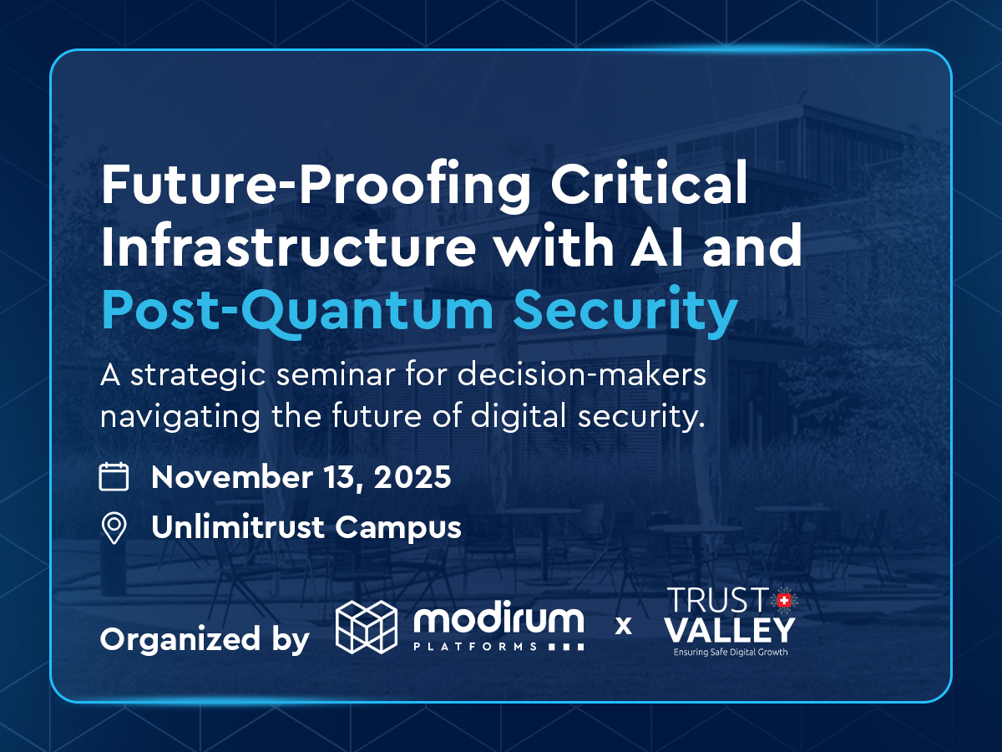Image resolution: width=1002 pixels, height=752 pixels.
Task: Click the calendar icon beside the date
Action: tap(114, 477)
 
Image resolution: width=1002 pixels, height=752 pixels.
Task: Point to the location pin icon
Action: tap(114, 528)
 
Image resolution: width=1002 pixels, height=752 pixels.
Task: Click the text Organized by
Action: tap(205, 640)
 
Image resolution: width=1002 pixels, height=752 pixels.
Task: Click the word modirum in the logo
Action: tap(499, 621)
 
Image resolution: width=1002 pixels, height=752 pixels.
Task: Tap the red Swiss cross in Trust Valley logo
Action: tap(783, 600)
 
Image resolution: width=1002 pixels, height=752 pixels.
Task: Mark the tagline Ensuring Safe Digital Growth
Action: tap(731, 653)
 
